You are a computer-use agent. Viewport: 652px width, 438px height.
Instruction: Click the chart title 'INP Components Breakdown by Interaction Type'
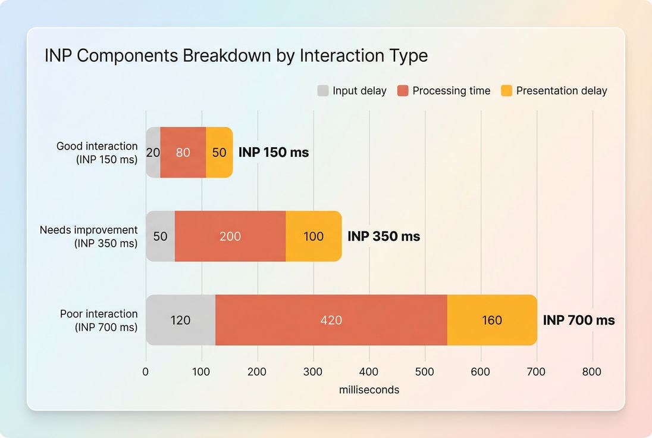tap(236, 56)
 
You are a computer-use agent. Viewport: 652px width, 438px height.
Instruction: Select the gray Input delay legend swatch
tap(323, 91)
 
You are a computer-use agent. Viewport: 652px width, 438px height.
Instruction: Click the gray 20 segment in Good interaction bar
tap(153, 153)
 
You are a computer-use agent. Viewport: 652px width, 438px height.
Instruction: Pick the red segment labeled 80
tap(183, 153)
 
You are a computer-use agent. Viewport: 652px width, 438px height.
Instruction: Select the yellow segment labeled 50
tap(219, 153)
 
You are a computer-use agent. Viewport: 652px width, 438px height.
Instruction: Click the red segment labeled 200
tap(230, 237)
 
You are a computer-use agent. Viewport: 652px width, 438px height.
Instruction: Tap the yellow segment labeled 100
tap(314, 237)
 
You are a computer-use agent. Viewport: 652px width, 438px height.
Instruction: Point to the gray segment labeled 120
tap(180, 321)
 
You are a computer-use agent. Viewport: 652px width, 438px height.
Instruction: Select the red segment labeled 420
tap(331, 321)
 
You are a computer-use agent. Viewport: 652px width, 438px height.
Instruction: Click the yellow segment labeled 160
tap(492, 321)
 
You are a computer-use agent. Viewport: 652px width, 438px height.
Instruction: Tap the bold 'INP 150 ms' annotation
tap(274, 153)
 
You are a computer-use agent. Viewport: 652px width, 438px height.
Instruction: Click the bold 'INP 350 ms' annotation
tap(384, 237)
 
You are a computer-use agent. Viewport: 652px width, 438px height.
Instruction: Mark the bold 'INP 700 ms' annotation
tap(579, 321)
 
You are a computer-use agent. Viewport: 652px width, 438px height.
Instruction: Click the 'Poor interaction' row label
tap(99, 314)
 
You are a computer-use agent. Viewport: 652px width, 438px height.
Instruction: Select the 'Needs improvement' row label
tap(89, 230)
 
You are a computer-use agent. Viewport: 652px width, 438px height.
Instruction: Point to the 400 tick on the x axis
tap(369, 372)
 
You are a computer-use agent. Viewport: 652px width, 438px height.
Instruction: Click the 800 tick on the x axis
tap(592, 372)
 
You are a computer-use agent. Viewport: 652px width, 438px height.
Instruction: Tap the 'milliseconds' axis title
tap(369, 390)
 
